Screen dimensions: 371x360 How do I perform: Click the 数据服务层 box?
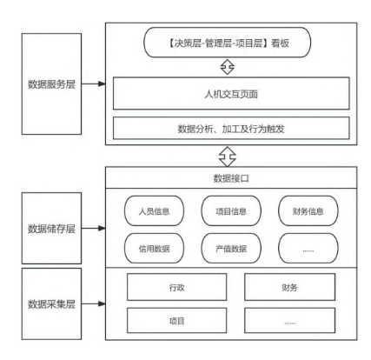tap(51, 83)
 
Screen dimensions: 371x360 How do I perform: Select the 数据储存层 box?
tap(51, 228)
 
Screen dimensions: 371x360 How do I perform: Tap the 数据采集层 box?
tap(51, 303)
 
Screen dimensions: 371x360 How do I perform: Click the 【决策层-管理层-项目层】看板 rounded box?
tap(228, 43)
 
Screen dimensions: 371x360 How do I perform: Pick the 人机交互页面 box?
tap(231, 93)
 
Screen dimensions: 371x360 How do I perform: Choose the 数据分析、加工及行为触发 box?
tap(231, 128)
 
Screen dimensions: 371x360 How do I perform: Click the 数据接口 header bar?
tap(231, 177)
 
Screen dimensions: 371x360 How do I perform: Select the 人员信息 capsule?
tap(154, 210)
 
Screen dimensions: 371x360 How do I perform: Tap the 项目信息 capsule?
tap(231, 210)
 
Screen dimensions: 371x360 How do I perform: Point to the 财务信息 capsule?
tap(308, 210)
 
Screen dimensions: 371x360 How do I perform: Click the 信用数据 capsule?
tap(154, 249)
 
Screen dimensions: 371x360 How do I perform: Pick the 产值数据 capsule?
tap(231, 249)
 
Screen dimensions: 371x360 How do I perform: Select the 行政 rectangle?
tap(176, 287)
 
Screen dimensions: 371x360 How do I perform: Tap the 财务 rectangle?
tap(290, 287)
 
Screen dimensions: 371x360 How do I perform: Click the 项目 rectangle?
tap(176, 321)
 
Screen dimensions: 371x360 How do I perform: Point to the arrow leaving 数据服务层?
tap(93, 83)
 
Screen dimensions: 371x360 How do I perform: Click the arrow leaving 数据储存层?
tap(93, 228)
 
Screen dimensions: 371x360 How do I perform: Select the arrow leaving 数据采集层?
tap(93, 303)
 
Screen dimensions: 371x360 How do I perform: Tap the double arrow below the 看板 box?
tap(228, 67)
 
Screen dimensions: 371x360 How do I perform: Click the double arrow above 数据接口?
tap(228, 157)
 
